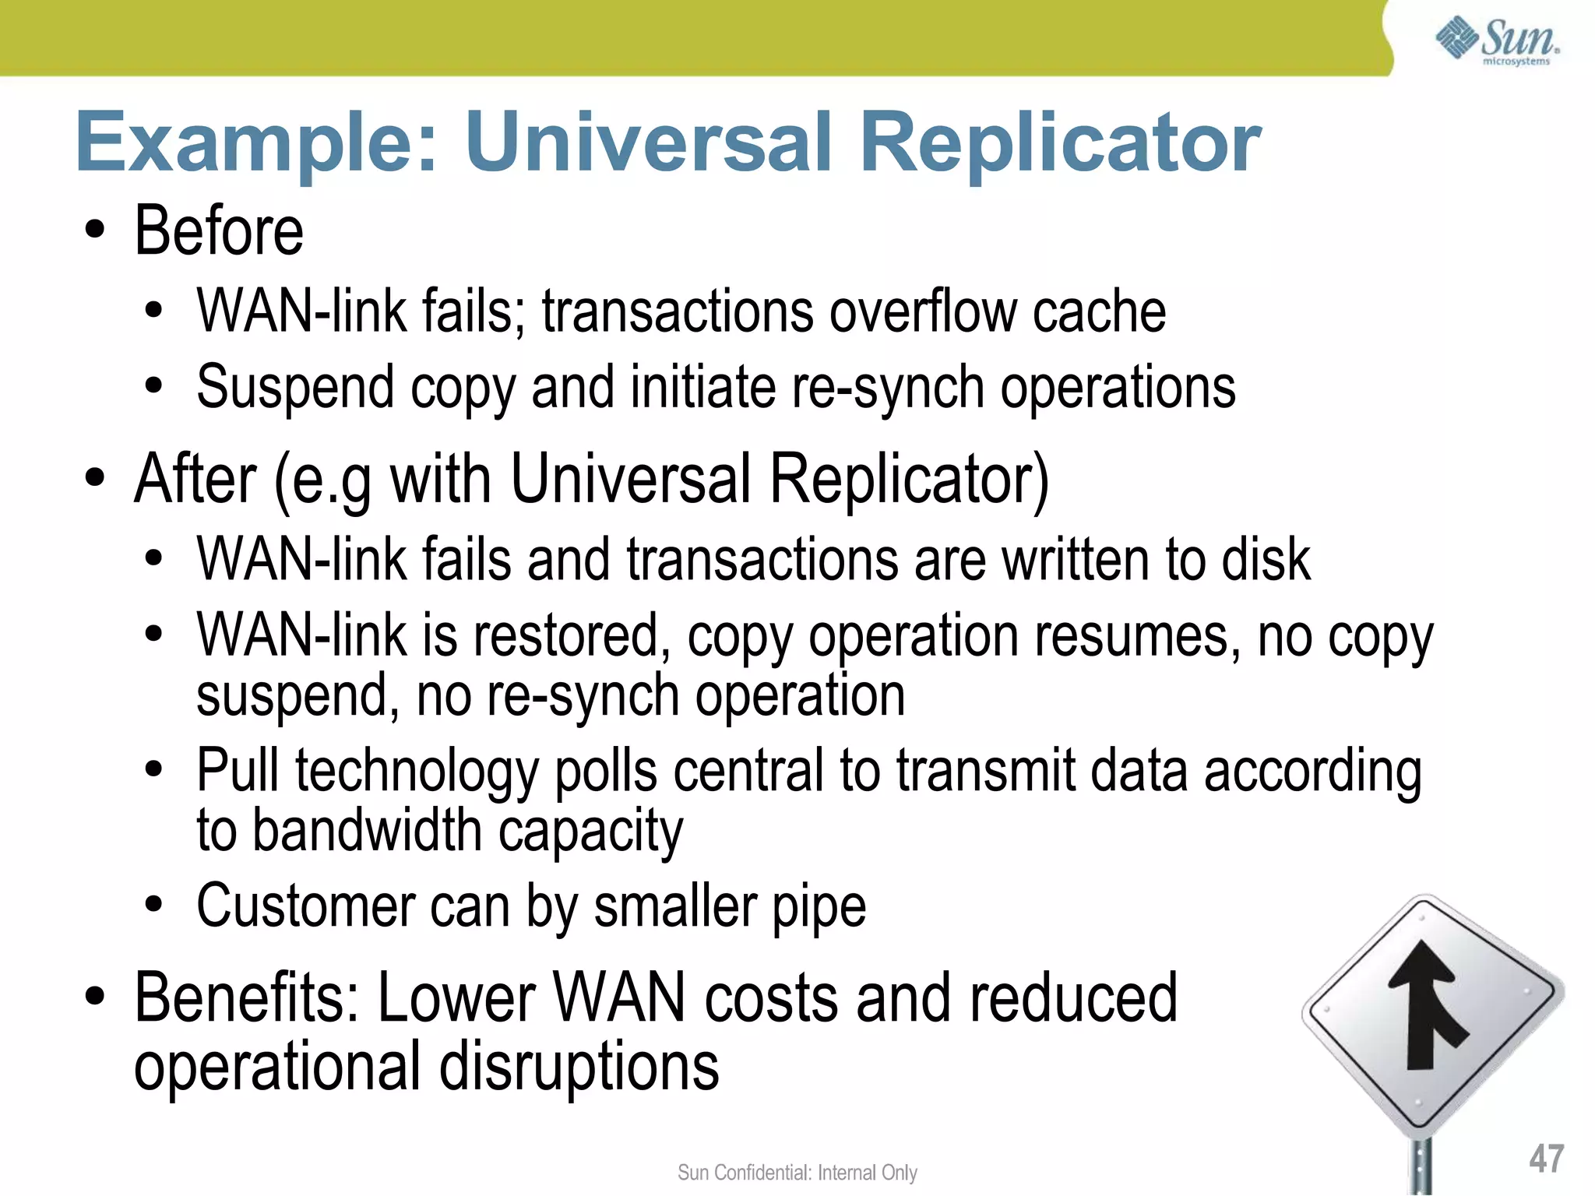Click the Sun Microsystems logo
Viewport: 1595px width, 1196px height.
[1497, 40]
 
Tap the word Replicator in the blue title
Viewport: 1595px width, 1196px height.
[1060, 142]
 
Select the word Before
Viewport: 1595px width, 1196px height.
[219, 231]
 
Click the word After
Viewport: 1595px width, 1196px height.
[195, 479]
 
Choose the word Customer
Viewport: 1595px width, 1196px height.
[305, 906]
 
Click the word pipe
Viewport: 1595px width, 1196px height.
[819, 906]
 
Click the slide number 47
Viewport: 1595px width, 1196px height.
[1546, 1159]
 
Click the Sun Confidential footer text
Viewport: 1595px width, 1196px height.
[797, 1173]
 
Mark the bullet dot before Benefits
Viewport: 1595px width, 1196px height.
[95, 997]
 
